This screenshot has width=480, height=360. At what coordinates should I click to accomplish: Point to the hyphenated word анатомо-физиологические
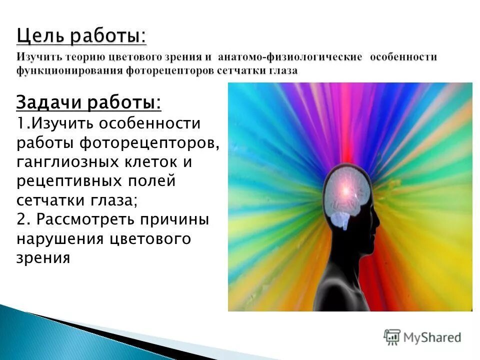(x=289, y=57)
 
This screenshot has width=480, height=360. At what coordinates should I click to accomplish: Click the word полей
(x=148, y=181)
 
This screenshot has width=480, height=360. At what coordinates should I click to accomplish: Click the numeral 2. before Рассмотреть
(x=23, y=220)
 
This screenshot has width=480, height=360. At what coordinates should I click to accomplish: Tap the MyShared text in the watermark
(x=432, y=337)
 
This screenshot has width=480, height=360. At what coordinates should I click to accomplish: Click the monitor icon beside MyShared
(x=392, y=336)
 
